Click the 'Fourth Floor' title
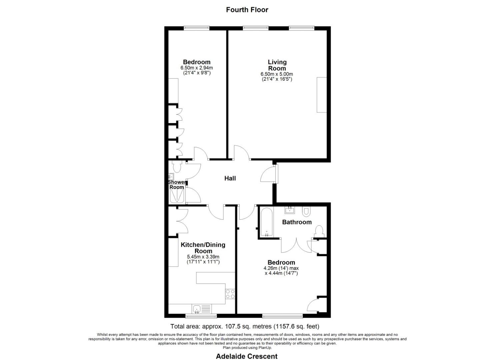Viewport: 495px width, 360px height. tap(247, 10)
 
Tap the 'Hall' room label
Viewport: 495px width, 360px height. tap(230, 178)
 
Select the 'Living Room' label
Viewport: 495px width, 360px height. tap(277, 65)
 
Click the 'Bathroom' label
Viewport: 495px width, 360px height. tap(297, 222)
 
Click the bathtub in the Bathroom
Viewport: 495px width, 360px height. tap(267, 222)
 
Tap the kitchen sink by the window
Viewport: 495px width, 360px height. tap(197, 309)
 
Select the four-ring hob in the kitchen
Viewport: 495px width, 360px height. tap(230, 294)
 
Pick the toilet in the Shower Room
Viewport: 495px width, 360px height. tap(176, 166)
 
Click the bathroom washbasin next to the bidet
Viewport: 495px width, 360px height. tap(290, 210)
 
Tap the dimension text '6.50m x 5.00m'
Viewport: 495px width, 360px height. tap(277, 74)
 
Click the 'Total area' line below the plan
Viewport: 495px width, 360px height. tap(245, 326)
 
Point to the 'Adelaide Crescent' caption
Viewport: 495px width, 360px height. tap(247, 356)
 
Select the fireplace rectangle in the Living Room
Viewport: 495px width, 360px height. tap(322, 95)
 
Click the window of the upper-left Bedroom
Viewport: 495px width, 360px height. tap(197, 28)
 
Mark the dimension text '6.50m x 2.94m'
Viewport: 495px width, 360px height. tap(197, 68)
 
